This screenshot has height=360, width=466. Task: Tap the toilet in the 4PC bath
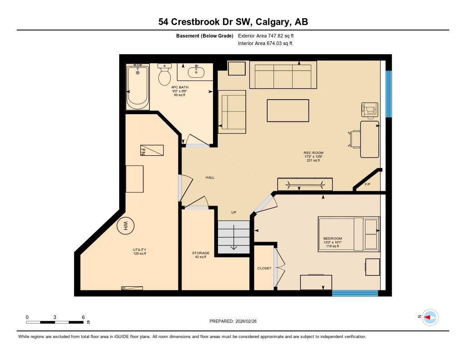[164, 75]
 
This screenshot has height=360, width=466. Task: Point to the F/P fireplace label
[368, 184]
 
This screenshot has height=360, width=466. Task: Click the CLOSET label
[264, 268]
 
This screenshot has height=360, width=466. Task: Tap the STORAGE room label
[200, 253]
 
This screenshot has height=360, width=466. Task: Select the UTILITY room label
[139, 250]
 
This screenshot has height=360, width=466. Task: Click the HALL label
[210, 177]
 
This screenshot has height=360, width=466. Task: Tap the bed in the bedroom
[349, 234]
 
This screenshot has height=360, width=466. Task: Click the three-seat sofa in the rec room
[283, 75]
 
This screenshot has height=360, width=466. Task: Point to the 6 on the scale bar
[83, 317]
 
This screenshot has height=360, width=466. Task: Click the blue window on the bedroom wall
[355, 293]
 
